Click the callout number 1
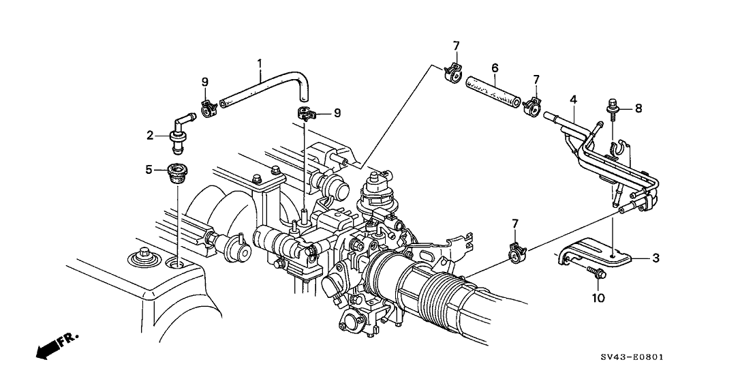(260, 64)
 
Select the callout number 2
(151, 135)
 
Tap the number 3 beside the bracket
(656, 257)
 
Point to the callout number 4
(574, 100)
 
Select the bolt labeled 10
(596, 274)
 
